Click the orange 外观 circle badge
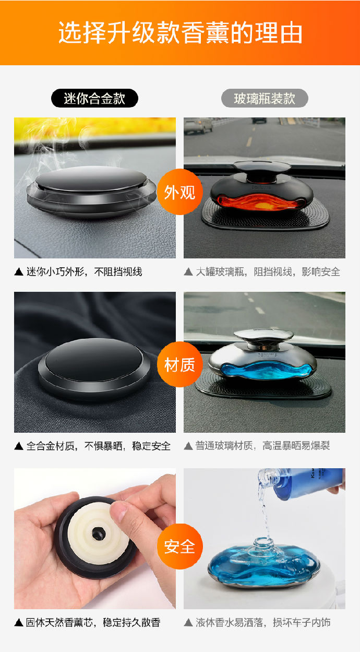point(180,192)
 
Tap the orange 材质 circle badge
point(180,364)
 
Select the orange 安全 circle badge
point(180,547)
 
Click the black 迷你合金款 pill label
point(94,98)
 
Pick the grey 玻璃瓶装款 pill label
point(265,98)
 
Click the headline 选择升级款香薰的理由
point(180,32)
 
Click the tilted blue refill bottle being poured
point(303,483)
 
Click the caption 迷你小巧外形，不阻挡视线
point(85,271)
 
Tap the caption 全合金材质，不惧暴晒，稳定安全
point(99,446)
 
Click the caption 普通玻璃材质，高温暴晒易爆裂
point(262,446)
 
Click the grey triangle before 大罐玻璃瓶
point(188,272)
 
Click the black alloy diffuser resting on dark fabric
point(94,368)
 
